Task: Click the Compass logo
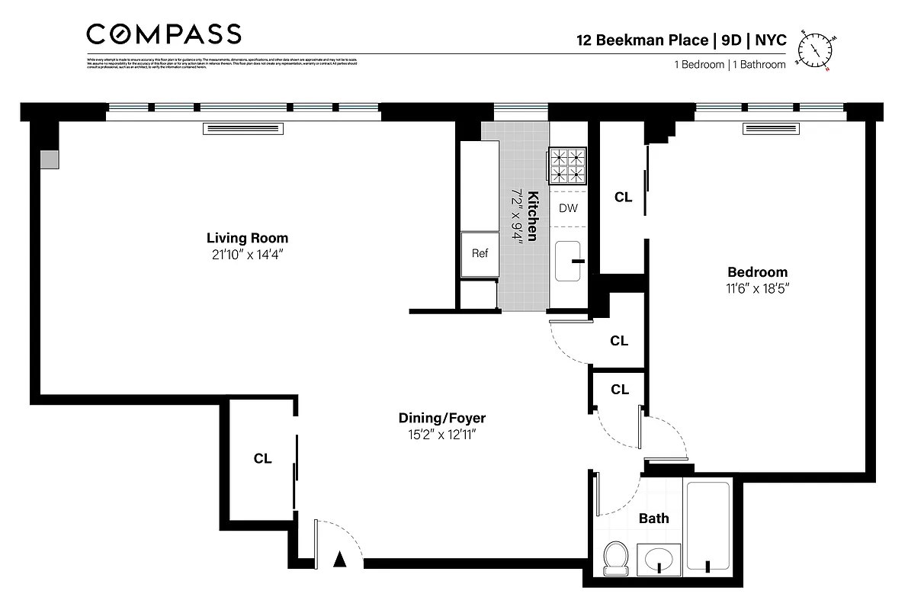coord(164,34)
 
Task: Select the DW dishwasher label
coord(568,208)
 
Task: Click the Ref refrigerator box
coord(480,254)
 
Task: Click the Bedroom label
coord(757,272)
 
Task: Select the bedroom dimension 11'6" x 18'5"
coord(757,289)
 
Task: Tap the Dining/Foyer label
coord(441,418)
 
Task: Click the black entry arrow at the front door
coord(340,560)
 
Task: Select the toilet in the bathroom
coord(614,558)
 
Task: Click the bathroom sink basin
coord(659,560)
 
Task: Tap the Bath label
coord(653,518)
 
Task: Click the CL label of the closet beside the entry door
coord(263,458)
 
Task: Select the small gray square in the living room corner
coord(50,159)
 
